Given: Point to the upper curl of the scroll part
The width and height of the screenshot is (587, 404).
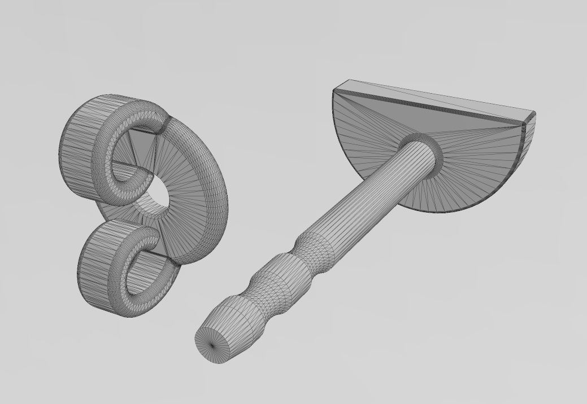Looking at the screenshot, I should coord(113,147).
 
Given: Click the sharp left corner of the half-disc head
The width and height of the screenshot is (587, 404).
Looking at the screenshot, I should coord(334,89).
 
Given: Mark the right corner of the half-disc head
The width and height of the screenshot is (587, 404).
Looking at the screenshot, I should coord(534,115).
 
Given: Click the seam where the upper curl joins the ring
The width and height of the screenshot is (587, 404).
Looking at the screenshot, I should coord(165,124).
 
